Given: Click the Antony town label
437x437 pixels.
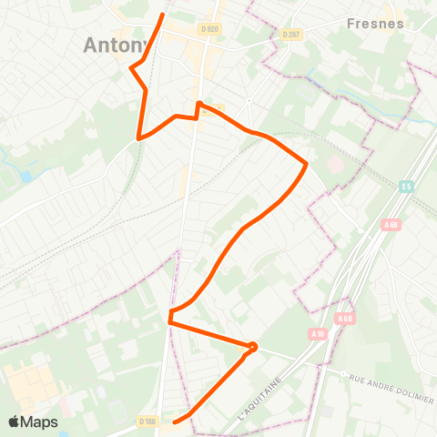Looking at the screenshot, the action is pyautogui.click(x=114, y=45).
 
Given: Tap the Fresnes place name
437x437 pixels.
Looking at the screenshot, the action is pyautogui.click(x=376, y=24).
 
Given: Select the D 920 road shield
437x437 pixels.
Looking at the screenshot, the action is pyautogui.click(x=208, y=29).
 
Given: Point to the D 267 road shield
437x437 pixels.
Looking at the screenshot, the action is pyautogui.click(x=291, y=35).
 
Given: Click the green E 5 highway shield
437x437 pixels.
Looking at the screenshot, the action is pyautogui.click(x=406, y=187).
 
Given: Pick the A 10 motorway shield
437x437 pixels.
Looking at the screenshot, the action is pyautogui.click(x=317, y=334).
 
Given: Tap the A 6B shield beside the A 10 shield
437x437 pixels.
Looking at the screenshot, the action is pyautogui.click(x=344, y=319).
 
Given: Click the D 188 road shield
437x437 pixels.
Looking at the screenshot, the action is pyautogui.click(x=148, y=422).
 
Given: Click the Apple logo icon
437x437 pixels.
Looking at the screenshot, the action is pyautogui.click(x=15, y=422).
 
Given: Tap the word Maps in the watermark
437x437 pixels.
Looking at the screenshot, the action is pyautogui.click(x=40, y=422).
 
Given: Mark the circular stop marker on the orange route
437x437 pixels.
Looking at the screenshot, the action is pyautogui.click(x=253, y=346).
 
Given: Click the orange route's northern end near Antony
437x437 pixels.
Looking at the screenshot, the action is pyautogui.click(x=163, y=15).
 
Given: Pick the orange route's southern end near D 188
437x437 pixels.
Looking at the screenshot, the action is pyautogui.click(x=175, y=422).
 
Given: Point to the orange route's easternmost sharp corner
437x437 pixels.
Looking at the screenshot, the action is pyautogui.click(x=306, y=164).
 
